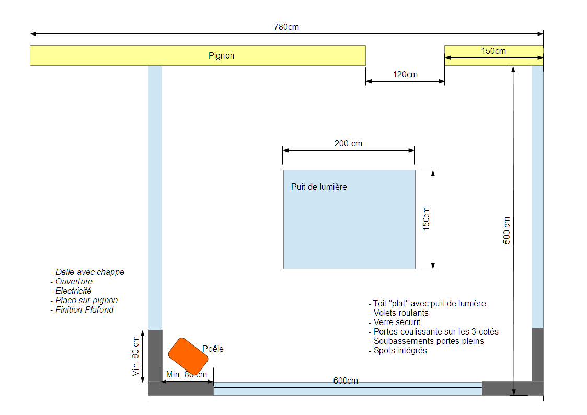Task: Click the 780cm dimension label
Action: [x=286, y=27]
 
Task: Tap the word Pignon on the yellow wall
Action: [x=221, y=56]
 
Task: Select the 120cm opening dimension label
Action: [x=405, y=74]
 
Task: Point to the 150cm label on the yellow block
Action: [x=493, y=51]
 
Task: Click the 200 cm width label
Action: [x=348, y=143]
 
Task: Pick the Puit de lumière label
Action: [x=319, y=187]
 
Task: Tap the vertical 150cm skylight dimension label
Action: [x=426, y=219]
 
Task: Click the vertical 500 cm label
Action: [x=507, y=230]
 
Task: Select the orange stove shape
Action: [x=188, y=356]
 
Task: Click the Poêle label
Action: [x=213, y=349]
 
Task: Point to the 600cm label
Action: [x=346, y=381]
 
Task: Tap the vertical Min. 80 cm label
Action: [x=135, y=356]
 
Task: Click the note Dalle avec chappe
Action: [x=87, y=272]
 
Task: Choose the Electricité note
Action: [x=71, y=291]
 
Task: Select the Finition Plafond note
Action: [x=82, y=309]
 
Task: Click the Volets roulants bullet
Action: [x=398, y=313]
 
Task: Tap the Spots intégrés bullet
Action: [x=398, y=350]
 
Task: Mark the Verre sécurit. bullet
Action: [x=395, y=322]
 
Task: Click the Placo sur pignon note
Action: [x=84, y=300]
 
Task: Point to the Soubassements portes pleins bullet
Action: [x=426, y=341]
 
